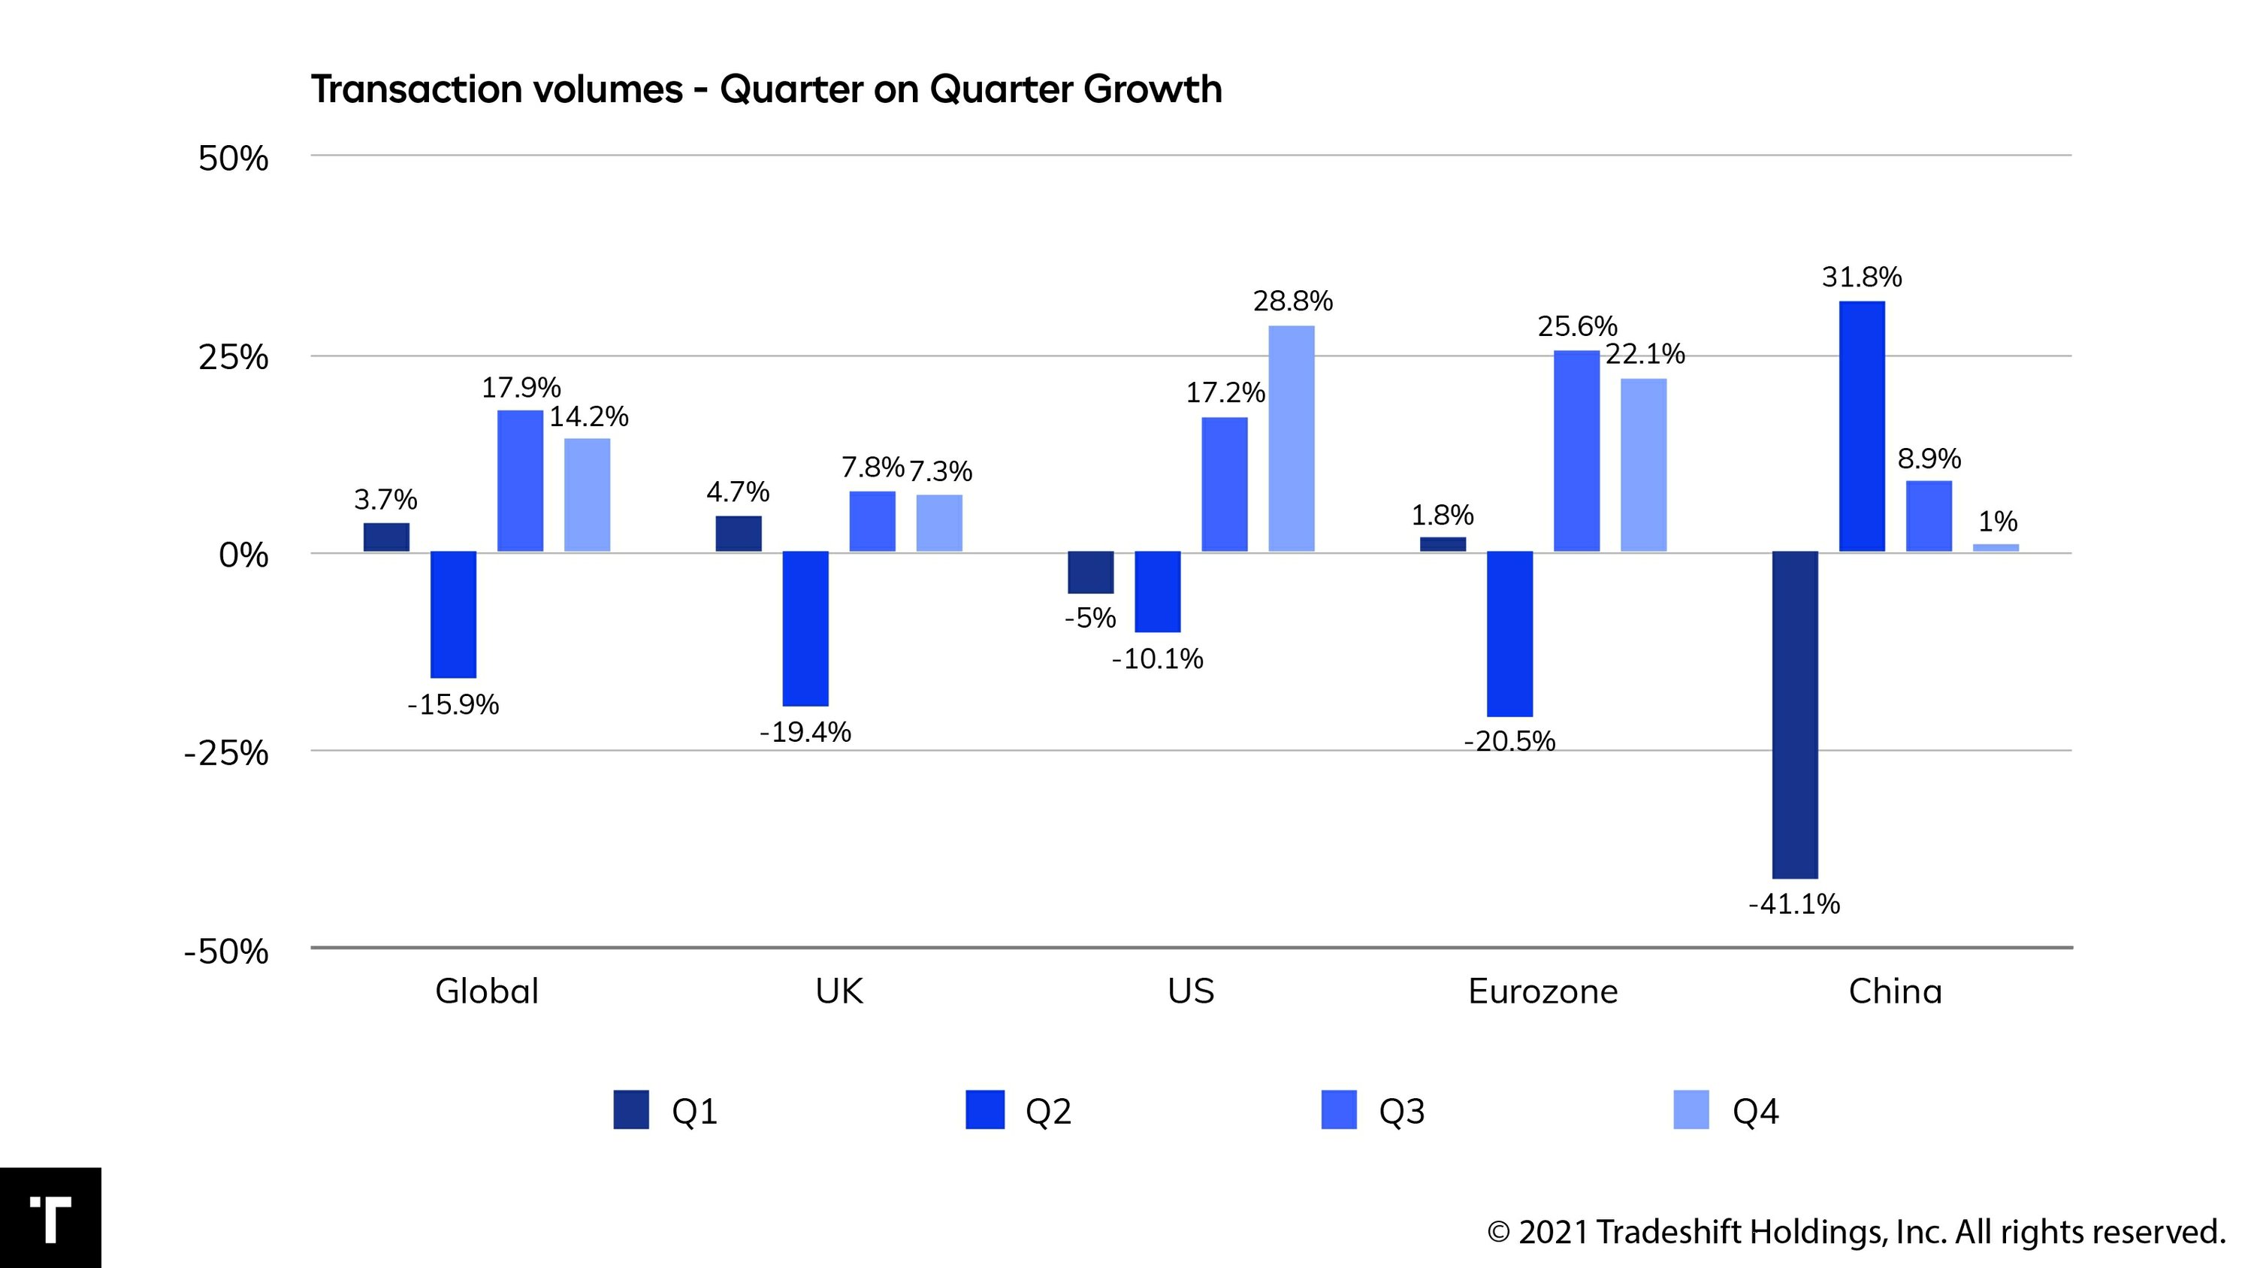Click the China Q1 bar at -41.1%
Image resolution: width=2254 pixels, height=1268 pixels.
pyautogui.click(x=1795, y=714)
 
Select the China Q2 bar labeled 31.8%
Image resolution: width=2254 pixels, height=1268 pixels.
pyautogui.click(x=1862, y=426)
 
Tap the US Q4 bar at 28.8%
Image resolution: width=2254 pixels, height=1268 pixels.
pyautogui.click(x=1292, y=438)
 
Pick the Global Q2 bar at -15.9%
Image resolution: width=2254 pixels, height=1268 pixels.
pyautogui.click(x=453, y=614)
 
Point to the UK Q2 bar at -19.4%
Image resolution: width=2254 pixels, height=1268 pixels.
pyautogui.click(x=805, y=628)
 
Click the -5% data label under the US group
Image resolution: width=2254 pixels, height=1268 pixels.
pyautogui.click(x=1090, y=619)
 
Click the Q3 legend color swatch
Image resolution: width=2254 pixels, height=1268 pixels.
pyautogui.click(x=1339, y=1109)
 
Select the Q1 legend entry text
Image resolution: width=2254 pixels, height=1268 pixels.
pyautogui.click(x=695, y=1112)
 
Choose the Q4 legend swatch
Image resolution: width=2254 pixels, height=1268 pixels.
pyautogui.click(x=1690, y=1109)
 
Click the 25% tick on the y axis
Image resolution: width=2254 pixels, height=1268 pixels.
pyautogui.click(x=233, y=358)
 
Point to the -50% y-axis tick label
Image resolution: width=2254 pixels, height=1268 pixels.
pyautogui.click(x=225, y=952)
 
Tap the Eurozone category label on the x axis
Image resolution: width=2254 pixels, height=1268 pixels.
pyautogui.click(x=1542, y=991)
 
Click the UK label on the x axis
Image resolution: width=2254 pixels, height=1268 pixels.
pyautogui.click(x=839, y=991)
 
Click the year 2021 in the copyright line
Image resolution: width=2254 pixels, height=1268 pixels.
pyautogui.click(x=1553, y=1232)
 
